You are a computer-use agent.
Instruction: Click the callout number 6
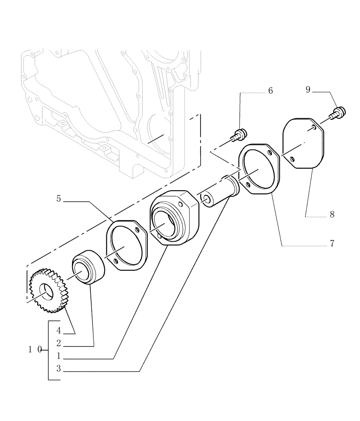pos(270,91)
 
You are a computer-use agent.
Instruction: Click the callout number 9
pos(308,90)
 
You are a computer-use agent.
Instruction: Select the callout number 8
pos(332,214)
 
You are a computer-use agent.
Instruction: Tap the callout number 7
pos(332,243)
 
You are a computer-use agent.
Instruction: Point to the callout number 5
pos(59,198)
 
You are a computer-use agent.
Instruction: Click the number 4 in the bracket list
pos(59,330)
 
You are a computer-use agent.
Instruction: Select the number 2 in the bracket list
pos(59,343)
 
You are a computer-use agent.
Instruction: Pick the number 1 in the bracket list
pos(59,356)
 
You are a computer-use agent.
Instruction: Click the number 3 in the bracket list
pos(59,369)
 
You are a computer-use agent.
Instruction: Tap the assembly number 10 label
pos(35,349)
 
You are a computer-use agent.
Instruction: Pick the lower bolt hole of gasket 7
pos(249,184)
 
